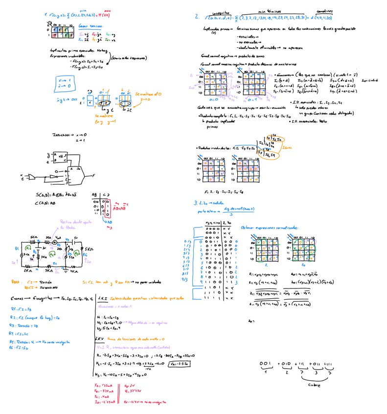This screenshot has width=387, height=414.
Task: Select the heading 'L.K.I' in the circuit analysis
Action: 102,297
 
